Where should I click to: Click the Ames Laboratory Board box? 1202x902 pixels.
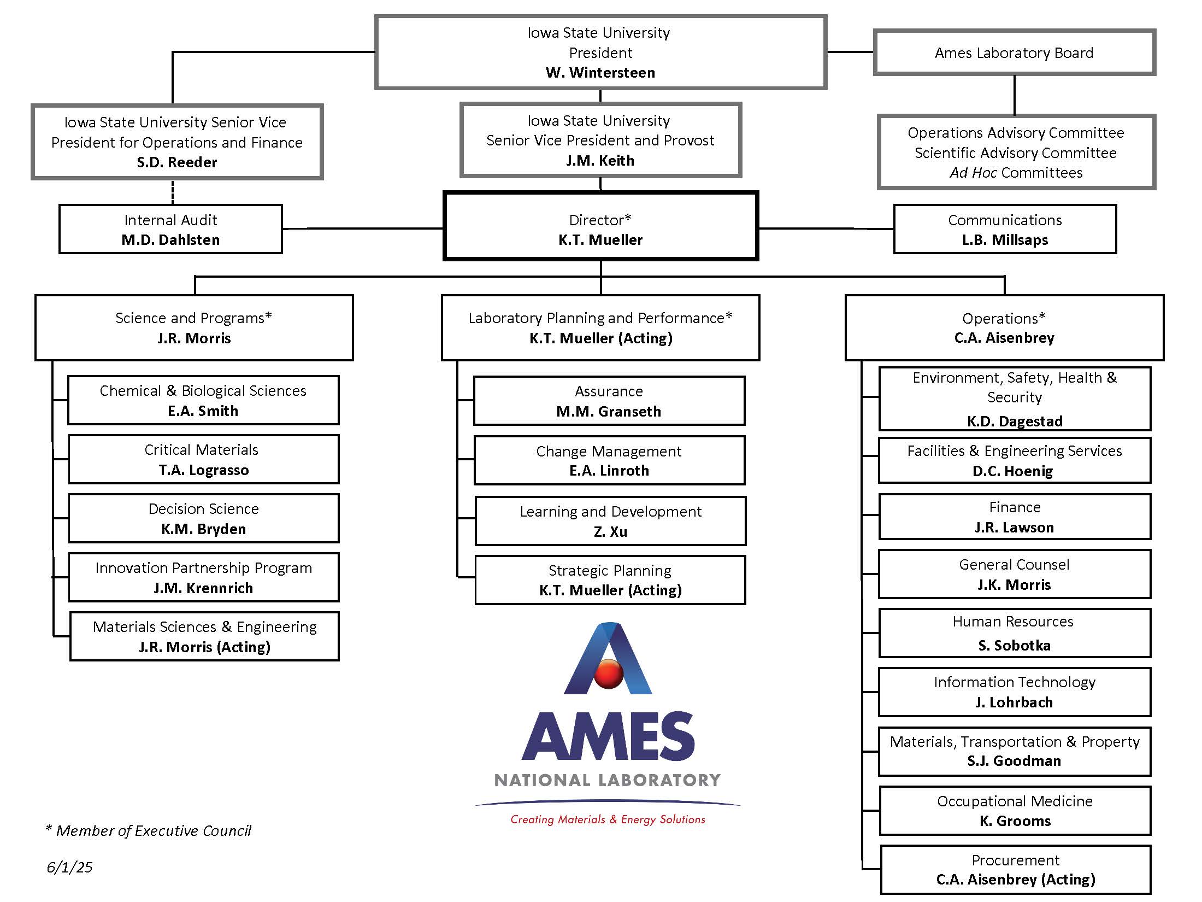(1015, 52)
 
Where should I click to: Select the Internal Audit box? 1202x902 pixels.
(170, 229)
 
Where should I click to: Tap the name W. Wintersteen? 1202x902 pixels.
(600, 73)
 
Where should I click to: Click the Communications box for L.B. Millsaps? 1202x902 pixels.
(1005, 229)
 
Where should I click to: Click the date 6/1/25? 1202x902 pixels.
(69, 867)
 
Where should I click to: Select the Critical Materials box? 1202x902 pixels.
(204, 459)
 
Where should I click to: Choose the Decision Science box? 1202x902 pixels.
(204, 518)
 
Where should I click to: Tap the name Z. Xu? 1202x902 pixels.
(610, 532)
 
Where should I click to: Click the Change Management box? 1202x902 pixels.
(609, 460)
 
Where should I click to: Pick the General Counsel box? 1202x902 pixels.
(1015, 574)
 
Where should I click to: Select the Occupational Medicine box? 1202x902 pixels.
(1015, 811)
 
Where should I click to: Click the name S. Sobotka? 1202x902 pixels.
(1015, 646)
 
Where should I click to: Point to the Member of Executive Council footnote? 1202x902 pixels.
(149, 831)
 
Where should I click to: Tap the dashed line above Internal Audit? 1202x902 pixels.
(173, 192)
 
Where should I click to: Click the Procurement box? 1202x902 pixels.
(1016, 870)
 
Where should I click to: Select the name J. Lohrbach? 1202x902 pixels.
(1014, 702)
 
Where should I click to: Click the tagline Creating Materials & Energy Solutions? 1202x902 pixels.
(608, 819)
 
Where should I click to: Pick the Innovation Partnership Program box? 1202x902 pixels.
(204, 577)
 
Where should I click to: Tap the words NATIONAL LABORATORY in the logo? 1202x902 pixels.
(608, 780)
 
